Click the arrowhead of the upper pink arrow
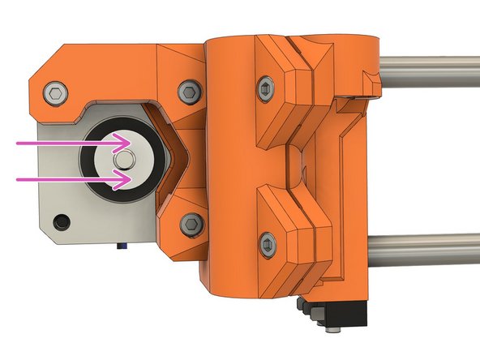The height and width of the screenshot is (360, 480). (x=128, y=143)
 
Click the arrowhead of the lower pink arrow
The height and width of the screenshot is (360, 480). (x=128, y=179)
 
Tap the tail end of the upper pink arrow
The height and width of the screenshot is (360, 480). (x=18, y=143)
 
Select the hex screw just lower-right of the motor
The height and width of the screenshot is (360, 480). (x=191, y=221)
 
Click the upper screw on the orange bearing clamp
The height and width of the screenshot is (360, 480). (x=267, y=87)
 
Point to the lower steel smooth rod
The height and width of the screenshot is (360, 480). (x=430, y=243)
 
